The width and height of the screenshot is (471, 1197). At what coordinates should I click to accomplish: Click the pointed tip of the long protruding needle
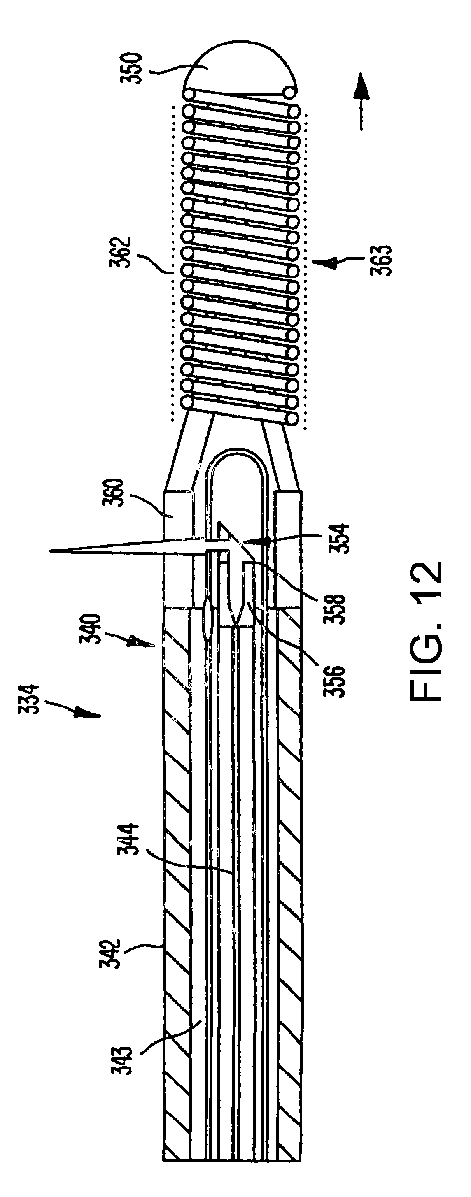tap(50, 551)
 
